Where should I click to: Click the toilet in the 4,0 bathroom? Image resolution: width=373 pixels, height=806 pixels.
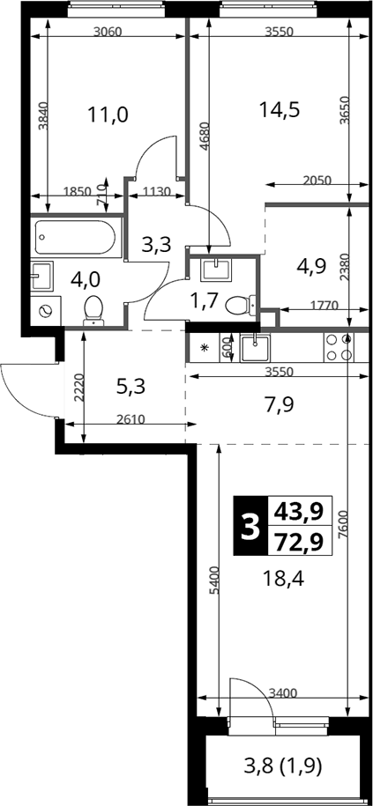click(x=93, y=310)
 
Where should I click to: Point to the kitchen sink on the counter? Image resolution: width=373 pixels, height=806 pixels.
click(x=255, y=347)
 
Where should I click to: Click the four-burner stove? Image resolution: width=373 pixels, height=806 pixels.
click(x=339, y=347)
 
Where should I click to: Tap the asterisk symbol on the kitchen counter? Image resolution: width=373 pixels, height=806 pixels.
click(x=205, y=347)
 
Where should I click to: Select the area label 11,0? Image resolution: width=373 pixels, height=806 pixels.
click(x=108, y=115)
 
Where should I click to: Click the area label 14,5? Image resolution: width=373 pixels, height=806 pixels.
click(x=279, y=109)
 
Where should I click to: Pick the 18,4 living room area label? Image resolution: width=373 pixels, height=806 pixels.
click(x=283, y=580)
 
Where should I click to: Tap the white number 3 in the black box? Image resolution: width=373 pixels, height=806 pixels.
click(x=250, y=526)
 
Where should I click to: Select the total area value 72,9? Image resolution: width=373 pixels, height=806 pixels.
click(x=299, y=541)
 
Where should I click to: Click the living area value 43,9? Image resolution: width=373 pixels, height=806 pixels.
click(x=299, y=512)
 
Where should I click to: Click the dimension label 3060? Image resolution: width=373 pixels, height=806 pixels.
click(x=108, y=32)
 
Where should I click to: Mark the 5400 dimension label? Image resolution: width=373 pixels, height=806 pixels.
click(x=215, y=580)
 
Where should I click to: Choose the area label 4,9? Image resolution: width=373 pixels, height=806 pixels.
click(x=312, y=267)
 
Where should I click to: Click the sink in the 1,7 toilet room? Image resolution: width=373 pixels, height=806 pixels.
click(x=216, y=270)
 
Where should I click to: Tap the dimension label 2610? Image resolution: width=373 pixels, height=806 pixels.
click(x=131, y=419)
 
